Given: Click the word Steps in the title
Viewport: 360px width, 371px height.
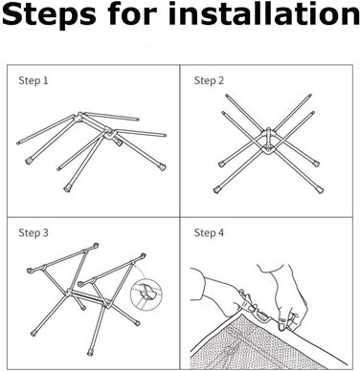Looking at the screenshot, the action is click(49, 14).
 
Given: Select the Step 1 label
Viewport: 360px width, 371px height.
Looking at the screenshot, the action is click(34, 80).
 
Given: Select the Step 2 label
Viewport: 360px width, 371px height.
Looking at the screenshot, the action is click(209, 80).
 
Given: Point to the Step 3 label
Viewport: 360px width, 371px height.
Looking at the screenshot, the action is click(34, 232).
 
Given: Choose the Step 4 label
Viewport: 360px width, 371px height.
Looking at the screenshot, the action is click(209, 232).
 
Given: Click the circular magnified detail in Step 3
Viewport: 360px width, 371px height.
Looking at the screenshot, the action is click(146, 294).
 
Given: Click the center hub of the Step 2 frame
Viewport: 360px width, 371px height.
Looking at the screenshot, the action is click(268, 141).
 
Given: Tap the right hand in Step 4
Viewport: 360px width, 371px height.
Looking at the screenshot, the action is click(284, 296).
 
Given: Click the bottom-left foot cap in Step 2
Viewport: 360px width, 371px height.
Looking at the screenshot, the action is click(217, 190).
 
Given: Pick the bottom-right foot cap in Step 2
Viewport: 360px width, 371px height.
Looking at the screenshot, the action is click(320, 189).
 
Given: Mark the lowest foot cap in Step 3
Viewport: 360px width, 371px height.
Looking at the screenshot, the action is click(91, 353).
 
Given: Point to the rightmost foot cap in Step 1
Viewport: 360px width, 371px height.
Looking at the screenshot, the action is click(163, 166).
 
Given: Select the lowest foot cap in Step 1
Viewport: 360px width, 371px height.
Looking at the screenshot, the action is click(67, 187).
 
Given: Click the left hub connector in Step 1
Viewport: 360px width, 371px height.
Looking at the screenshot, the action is click(79, 118).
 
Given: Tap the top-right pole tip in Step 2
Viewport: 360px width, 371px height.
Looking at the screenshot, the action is click(310, 96).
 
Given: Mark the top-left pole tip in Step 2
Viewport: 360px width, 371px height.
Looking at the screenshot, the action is click(226, 96).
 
